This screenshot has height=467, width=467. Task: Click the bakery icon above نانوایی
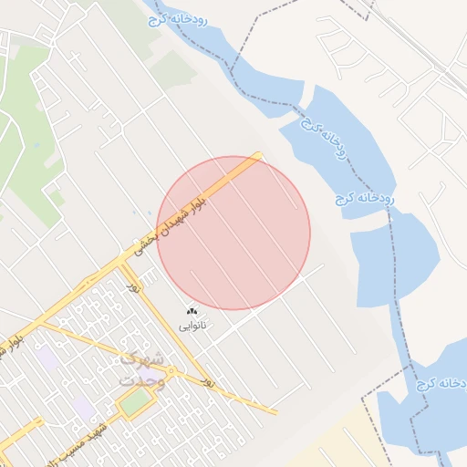pyautogui.click(x=192, y=312)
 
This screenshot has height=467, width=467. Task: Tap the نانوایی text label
pyautogui.click(x=192, y=325)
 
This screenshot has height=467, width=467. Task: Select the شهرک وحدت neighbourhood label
pyautogui.click(x=143, y=368)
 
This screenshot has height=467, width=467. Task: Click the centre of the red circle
pyautogui.click(x=233, y=233)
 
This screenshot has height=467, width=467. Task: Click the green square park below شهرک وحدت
pyautogui.click(x=135, y=402)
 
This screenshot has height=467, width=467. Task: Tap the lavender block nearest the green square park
pyautogui.click(x=84, y=408)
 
